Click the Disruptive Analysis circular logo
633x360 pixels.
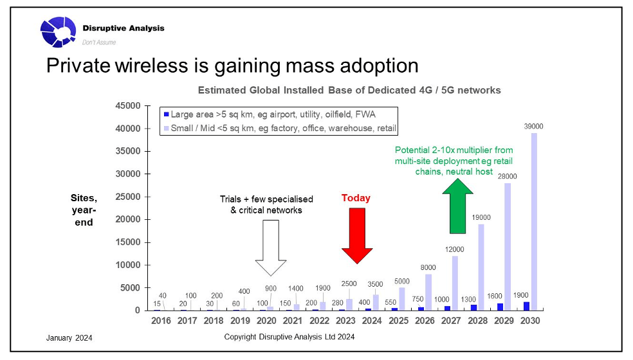[59, 32]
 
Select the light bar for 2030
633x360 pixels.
[533, 221]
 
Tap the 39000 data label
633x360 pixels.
[533, 126]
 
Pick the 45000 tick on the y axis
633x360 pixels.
[127, 106]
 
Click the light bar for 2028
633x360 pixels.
[481, 267]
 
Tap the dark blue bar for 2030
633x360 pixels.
[526, 306]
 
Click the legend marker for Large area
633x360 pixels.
[166, 114]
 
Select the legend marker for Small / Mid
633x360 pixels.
[166, 129]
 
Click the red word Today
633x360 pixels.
[356, 198]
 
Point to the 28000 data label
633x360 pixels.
[508, 176]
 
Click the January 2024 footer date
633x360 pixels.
[69, 337]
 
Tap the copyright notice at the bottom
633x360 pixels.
[289, 337]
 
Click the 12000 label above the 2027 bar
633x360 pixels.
[455, 249]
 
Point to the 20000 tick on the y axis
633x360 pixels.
[127, 220]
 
